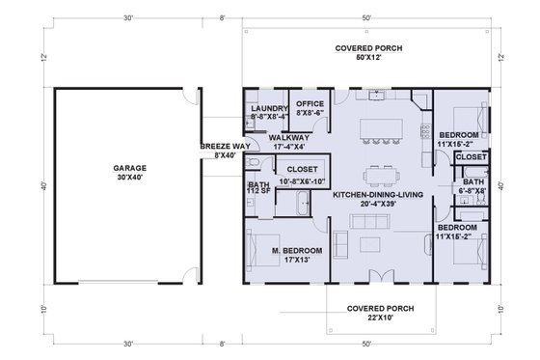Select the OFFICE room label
310,103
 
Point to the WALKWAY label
288,137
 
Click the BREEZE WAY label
220,147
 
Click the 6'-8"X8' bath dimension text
472,192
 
